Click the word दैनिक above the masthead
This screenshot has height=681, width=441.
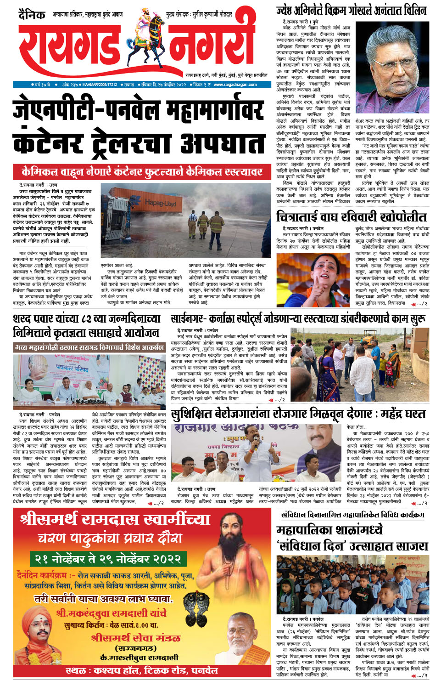coord(32,15)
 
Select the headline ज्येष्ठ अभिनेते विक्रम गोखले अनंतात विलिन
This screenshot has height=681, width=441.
coord(351,10)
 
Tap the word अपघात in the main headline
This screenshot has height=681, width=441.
coord(223,143)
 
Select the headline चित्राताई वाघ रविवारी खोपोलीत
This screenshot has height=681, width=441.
coord(352,216)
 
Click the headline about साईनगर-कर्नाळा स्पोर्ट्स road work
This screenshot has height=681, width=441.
coord(298,318)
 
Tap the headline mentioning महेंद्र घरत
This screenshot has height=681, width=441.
coord(298,414)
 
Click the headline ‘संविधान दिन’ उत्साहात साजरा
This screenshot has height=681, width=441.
coord(352,546)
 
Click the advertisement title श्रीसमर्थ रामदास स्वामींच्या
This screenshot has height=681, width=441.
coord(115,520)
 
